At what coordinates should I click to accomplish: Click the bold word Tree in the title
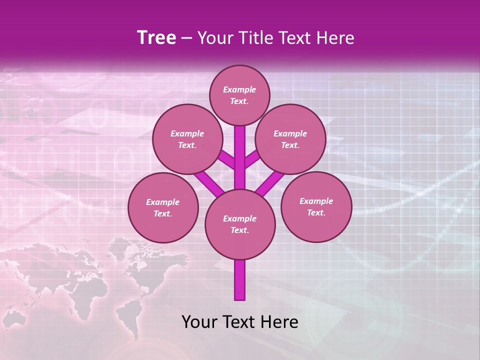pos(156,38)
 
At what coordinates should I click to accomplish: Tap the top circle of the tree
pos(239,95)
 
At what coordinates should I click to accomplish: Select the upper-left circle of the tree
pos(187,139)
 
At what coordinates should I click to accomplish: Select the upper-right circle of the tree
pos(290,139)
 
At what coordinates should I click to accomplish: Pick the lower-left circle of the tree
pos(163,207)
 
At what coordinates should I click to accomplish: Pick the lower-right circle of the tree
pos(316,206)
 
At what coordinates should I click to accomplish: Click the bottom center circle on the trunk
pos(240,224)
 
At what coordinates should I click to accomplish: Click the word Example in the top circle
pos(239,89)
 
